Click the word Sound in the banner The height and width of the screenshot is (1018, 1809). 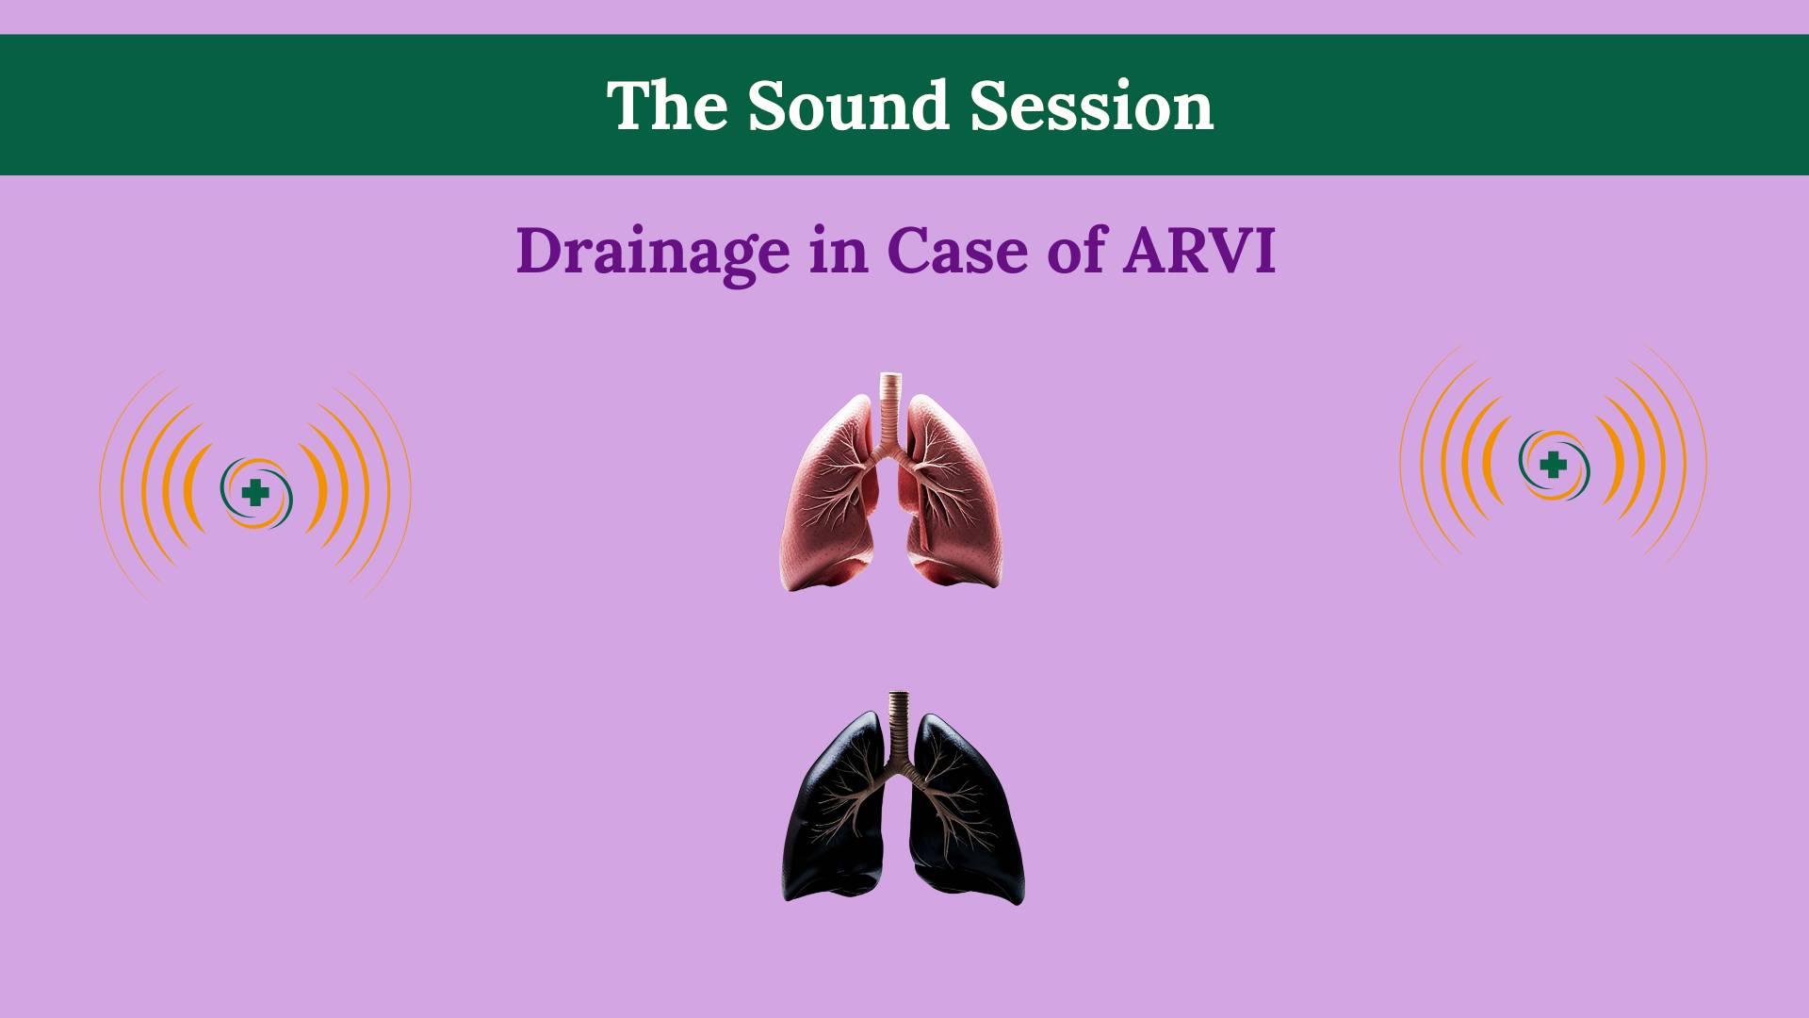tap(847, 106)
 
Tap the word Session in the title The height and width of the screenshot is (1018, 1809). tap(1092, 106)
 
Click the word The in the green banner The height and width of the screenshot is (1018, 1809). tap(666, 106)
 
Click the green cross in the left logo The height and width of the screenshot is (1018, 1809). tap(253, 492)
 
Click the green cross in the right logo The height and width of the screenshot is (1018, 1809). tap(1553, 465)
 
